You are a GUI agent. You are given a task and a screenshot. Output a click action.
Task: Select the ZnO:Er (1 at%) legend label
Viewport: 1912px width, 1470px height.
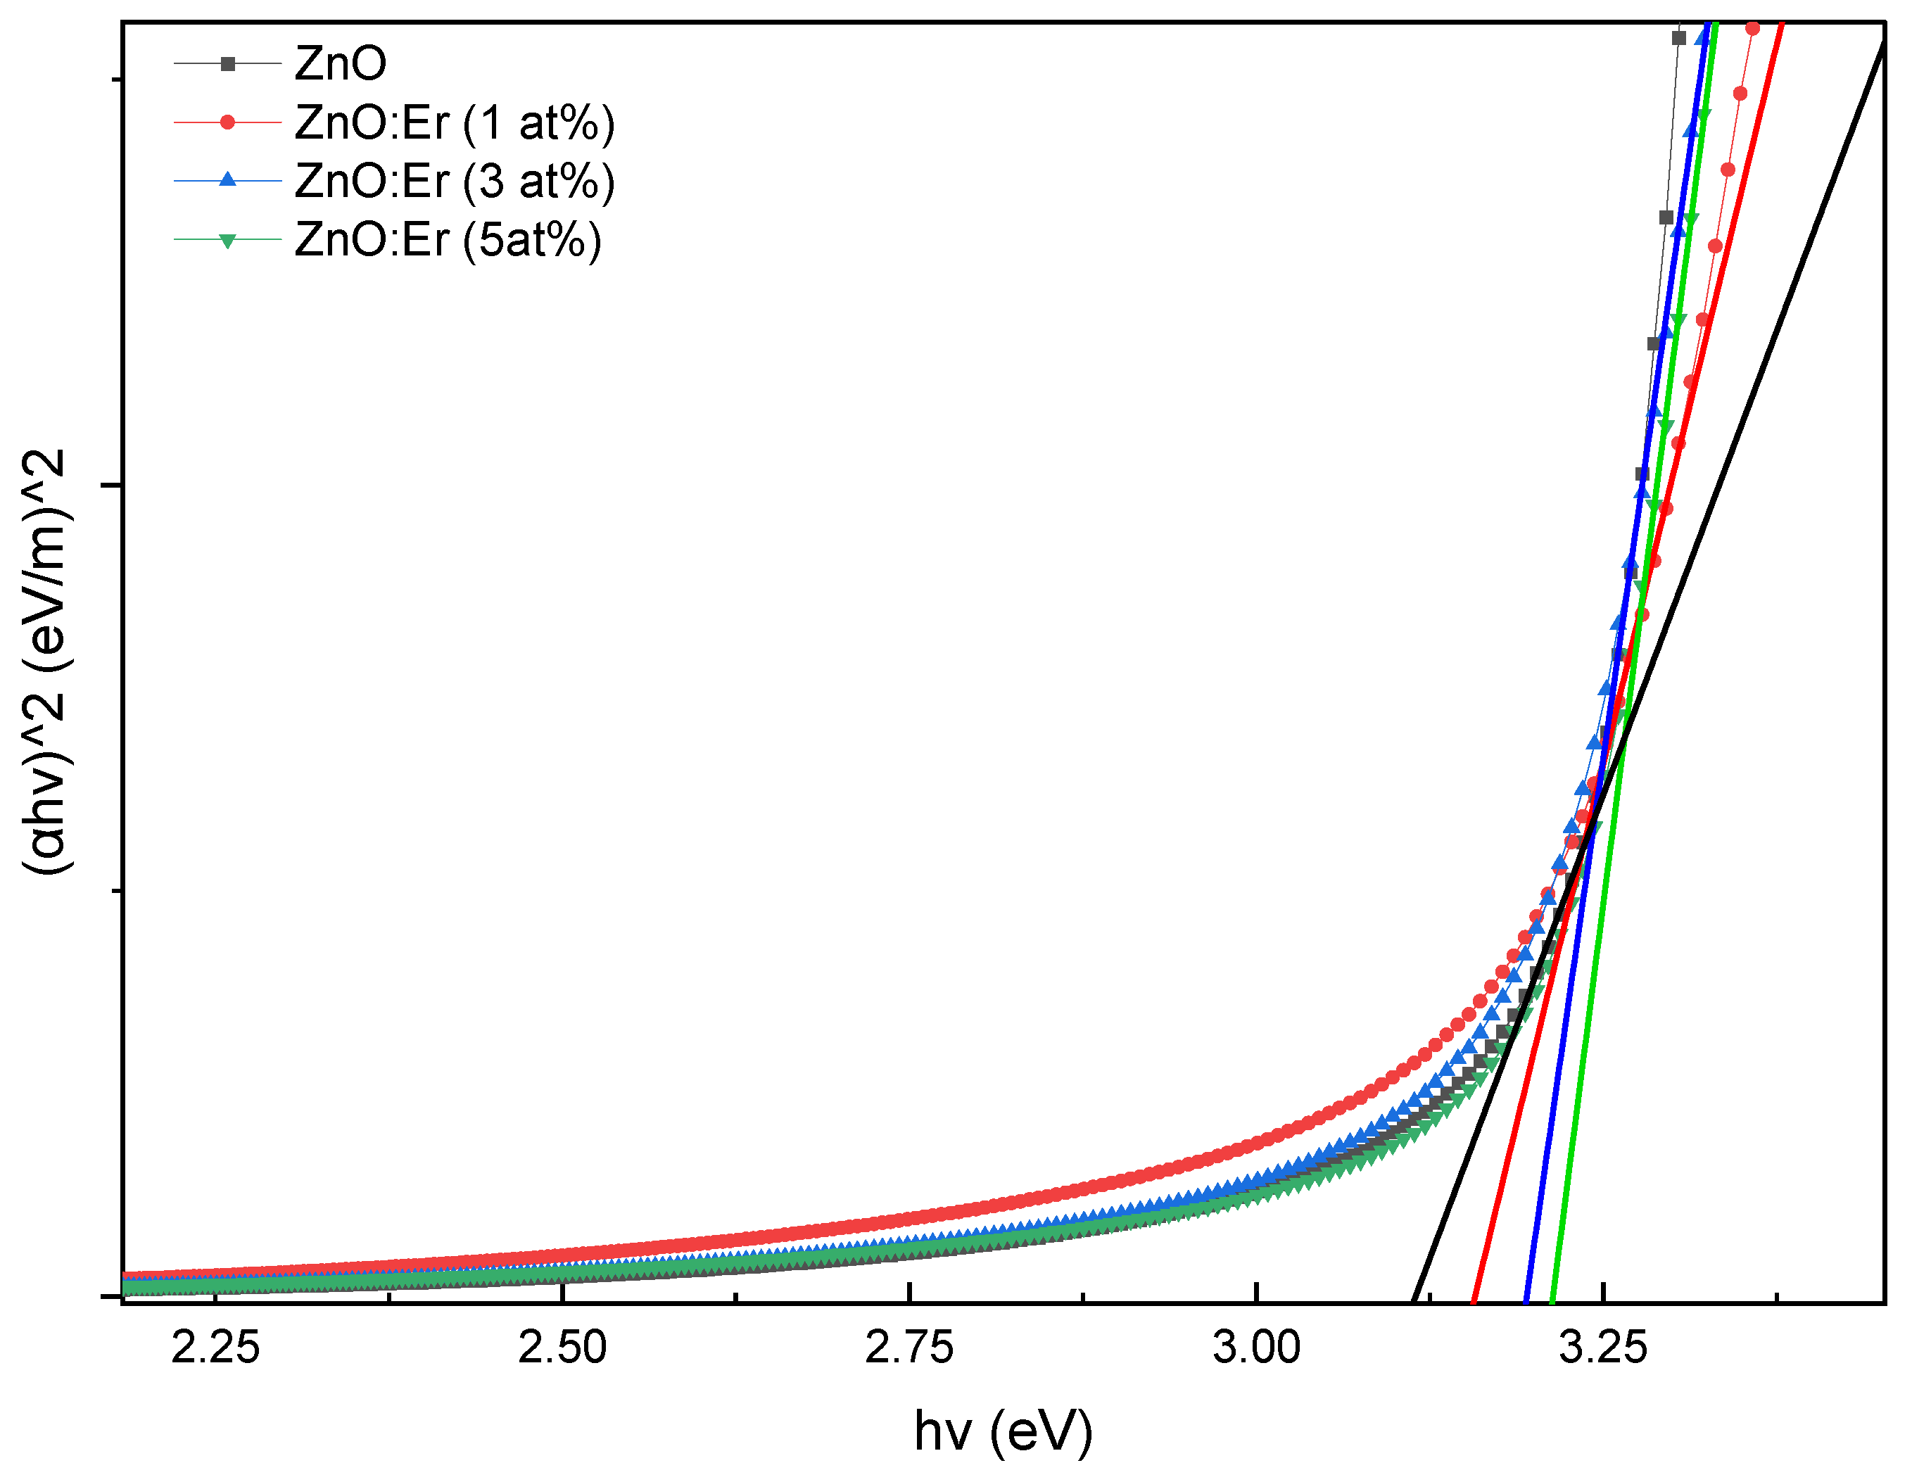(454, 122)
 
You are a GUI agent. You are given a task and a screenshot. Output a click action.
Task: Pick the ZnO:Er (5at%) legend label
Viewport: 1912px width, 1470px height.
(447, 240)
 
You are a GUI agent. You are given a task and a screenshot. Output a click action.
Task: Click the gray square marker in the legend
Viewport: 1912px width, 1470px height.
(227, 64)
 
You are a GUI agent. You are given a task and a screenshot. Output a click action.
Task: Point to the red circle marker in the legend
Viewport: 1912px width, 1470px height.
(227, 122)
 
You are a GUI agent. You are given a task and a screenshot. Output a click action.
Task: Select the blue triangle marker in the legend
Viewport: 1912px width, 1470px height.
(227, 180)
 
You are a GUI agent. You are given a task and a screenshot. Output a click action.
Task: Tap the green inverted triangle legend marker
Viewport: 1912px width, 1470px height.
(227, 241)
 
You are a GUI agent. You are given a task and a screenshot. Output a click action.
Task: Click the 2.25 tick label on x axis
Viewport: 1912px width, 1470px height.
(215, 1348)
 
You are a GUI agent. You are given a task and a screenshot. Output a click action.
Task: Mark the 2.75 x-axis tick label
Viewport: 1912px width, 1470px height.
(909, 1348)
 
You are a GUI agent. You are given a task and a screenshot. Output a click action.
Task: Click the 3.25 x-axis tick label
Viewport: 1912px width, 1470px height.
(1603, 1348)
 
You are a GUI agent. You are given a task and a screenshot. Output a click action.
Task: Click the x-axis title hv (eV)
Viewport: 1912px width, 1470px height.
(1004, 1431)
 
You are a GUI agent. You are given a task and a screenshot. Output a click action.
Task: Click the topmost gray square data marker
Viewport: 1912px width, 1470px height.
(1678, 37)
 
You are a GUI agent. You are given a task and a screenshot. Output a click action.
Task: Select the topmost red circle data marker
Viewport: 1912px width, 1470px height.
(1753, 29)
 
